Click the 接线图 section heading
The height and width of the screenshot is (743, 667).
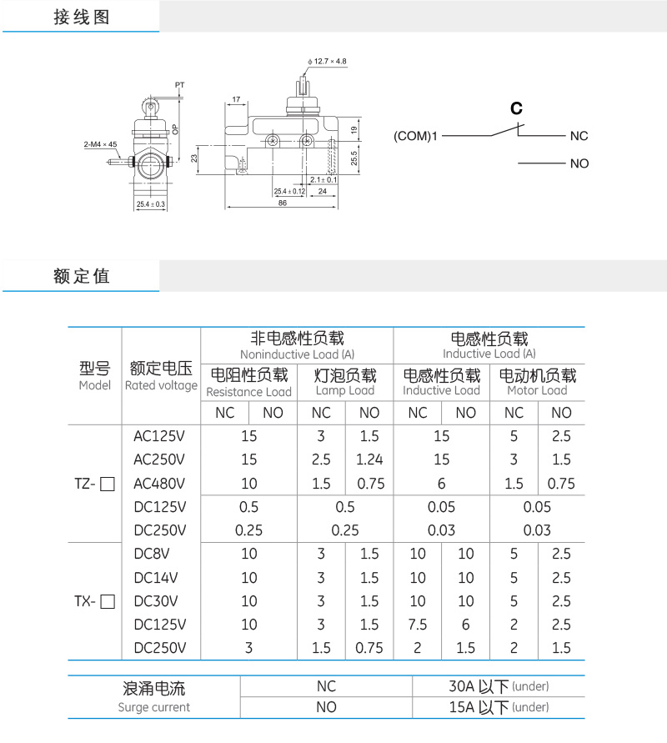point(81,18)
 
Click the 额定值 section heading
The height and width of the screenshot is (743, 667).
point(81,277)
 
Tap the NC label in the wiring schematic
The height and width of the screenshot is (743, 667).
point(579,136)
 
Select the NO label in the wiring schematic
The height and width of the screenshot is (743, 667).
point(579,163)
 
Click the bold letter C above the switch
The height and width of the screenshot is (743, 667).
point(516,108)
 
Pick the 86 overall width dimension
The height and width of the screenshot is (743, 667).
point(283,203)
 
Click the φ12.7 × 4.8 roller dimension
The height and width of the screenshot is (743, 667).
point(328,62)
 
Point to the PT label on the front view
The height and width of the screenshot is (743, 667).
point(179,85)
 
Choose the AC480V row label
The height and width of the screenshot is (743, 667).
point(159,484)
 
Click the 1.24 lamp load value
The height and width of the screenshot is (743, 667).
point(369,459)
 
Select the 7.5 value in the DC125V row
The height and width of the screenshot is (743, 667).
point(418,625)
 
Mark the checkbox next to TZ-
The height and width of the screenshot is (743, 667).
point(107,484)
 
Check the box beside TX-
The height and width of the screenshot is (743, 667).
point(107,601)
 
